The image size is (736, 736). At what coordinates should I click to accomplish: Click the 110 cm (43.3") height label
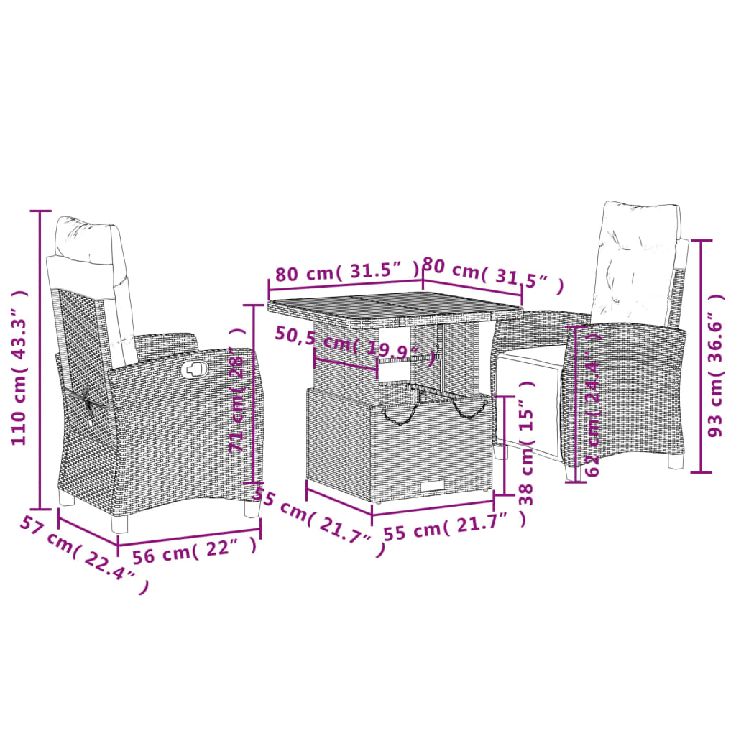coord(20,367)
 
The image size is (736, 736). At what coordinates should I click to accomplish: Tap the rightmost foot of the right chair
coord(676,461)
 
